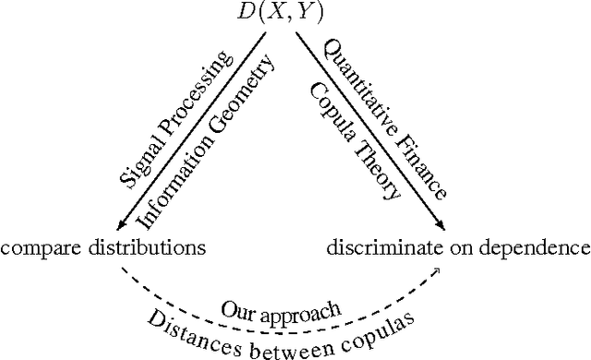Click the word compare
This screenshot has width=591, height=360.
[x=37, y=248]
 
